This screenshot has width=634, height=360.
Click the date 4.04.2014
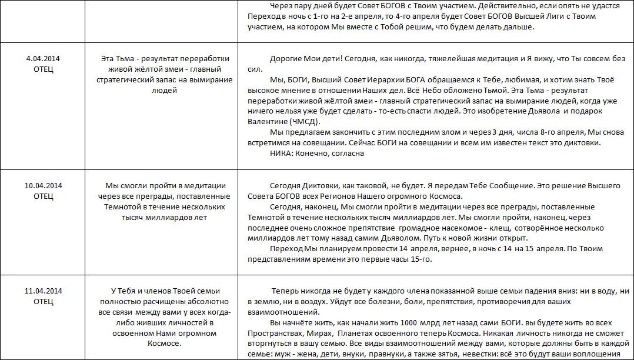pos(44,58)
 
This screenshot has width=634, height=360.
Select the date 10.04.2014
pos(44,185)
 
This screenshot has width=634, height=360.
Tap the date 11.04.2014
pos(44,291)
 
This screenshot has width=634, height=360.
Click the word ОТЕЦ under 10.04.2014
pos(44,196)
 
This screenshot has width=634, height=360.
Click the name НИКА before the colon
pos(281,154)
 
